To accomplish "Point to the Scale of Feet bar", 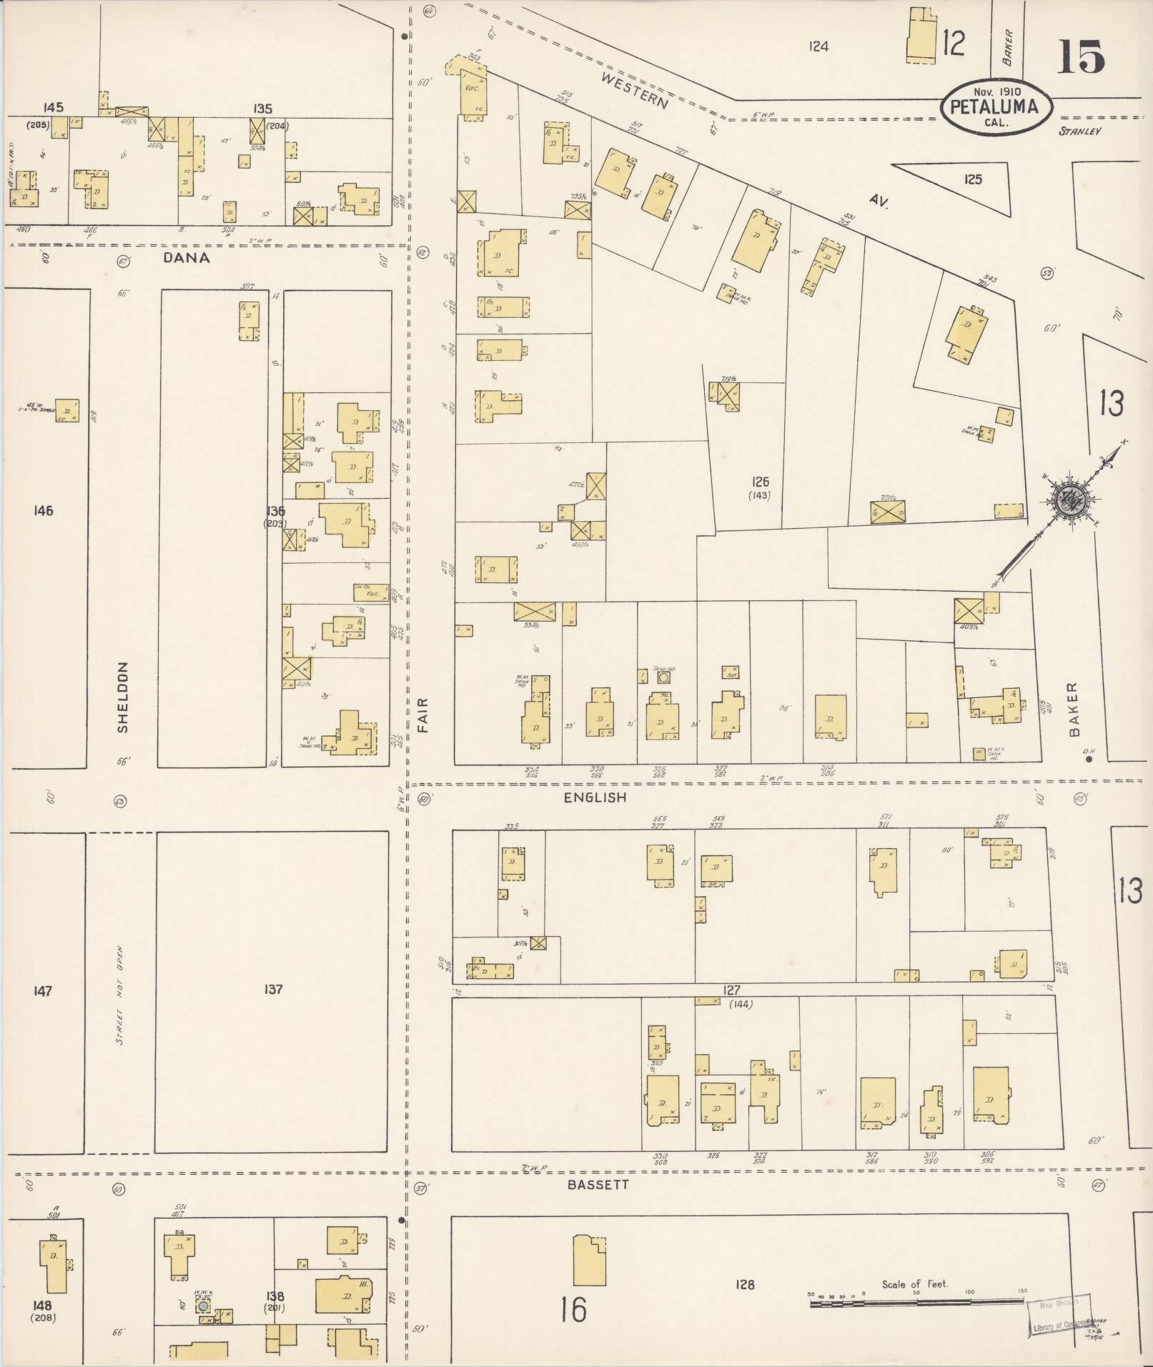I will point(916,1303).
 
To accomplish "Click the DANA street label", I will point(187,258).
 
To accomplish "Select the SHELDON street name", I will point(123,697).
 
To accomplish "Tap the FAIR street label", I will point(423,715).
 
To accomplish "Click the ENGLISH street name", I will point(595,797).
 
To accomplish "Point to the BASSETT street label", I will point(598,1184).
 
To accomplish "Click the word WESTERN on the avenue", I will point(635,91).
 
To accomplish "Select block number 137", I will point(273,989).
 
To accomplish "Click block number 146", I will point(43,510).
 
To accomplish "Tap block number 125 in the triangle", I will point(972,179).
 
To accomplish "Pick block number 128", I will point(745,1284).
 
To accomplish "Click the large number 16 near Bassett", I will point(573,1309).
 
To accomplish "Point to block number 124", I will point(818,46).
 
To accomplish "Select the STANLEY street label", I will point(1080,131).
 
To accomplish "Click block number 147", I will point(43,990).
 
